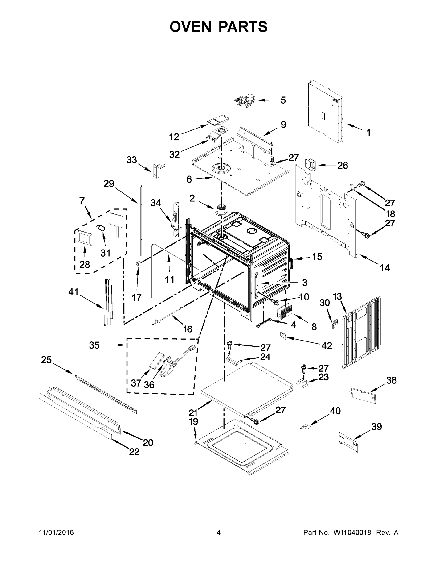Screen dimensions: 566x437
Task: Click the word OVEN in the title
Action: (191, 27)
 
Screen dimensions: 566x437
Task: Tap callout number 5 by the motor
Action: (283, 100)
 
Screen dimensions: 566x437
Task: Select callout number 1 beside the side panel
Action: (368, 133)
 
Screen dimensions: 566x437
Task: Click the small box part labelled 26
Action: (311, 165)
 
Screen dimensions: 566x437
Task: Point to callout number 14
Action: (385, 267)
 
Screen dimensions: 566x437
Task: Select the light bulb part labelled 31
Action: (102, 228)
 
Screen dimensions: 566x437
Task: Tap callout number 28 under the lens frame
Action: (84, 264)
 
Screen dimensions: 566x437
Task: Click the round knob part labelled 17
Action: (139, 264)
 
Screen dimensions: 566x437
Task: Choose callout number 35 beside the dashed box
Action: (94, 345)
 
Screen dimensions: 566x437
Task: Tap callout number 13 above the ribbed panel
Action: (337, 296)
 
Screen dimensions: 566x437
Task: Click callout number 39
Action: (376, 426)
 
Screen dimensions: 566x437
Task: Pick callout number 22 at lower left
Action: (134, 452)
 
